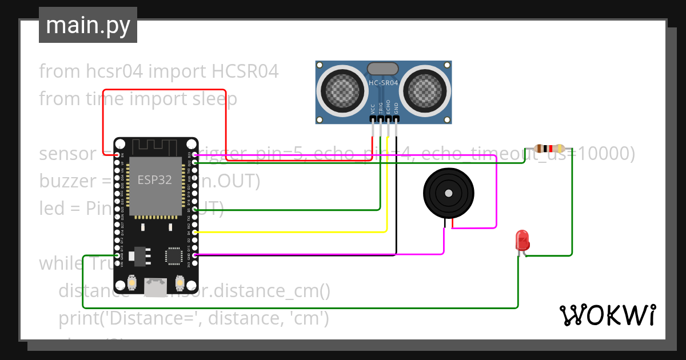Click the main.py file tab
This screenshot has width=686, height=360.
click(87, 25)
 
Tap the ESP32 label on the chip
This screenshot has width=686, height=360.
click(154, 179)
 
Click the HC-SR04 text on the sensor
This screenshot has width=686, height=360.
click(384, 83)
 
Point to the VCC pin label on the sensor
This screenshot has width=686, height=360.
click(373, 109)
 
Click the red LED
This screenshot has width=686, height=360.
click(522, 240)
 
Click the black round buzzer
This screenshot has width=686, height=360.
click(448, 193)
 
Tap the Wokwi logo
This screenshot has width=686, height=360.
click(607, 315)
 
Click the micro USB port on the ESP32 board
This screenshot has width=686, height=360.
click(155, 284)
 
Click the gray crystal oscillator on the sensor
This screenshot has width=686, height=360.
click(383, 69)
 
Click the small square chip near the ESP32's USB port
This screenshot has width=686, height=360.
click(173, 256)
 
